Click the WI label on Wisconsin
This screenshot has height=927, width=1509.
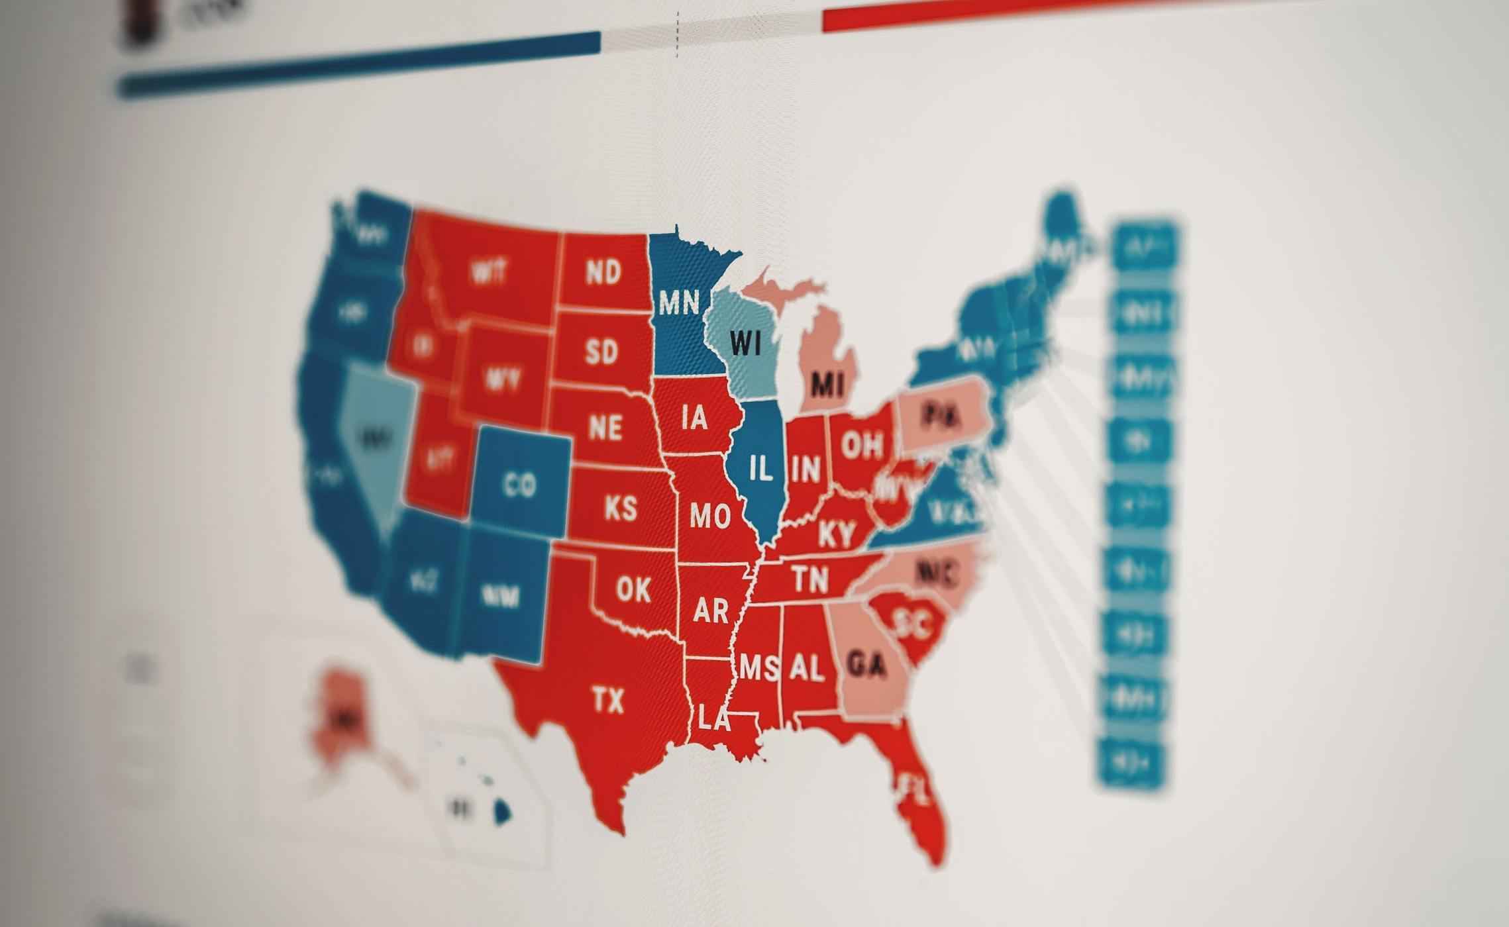pyautogui.click(x=746, y=343)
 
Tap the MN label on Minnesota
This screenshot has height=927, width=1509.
pyautogui.click(x=679, y=303)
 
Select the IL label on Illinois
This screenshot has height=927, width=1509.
pyautogui.click(x=761, y=469)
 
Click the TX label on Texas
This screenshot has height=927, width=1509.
pyautogui.click(x=608, y=701)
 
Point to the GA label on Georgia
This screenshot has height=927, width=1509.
pyautogui.click(x=867, y=665)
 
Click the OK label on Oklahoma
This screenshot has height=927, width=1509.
pyautogui.click(x=633, y=589)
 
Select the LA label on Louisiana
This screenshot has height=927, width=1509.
pyautogui.click(x=713, y=719)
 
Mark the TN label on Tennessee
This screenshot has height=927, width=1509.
pyautogui.click(x=811, y=580)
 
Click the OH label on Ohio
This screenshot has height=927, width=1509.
pyautogui.click(x=862, y=446)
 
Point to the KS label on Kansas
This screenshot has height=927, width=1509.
pyautogui.click(x=621, y=509)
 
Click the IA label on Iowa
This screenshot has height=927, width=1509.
pyautogui.click(x=694, y=418)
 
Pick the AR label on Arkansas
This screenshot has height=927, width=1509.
pyautogui.click(x=711, y=610)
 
